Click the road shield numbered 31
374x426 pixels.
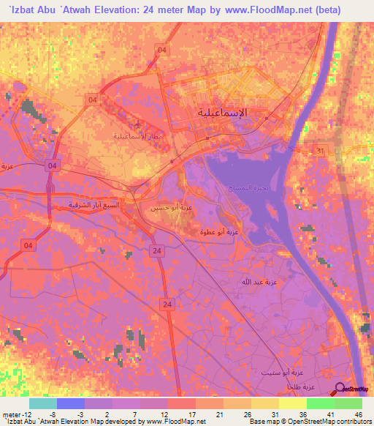(320, 150)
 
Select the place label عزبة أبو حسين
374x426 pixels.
(172, 209)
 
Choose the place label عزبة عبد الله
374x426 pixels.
(259, 281)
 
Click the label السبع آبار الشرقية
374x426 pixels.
(94, 205)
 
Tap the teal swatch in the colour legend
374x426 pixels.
(43, 403)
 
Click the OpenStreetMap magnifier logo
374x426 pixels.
(340, 391)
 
